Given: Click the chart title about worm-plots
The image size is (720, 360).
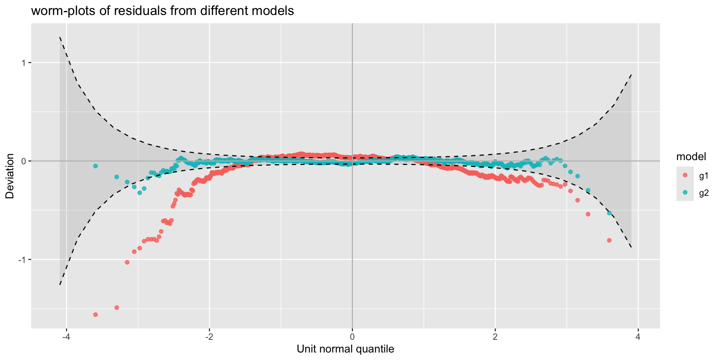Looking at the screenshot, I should [162, 11].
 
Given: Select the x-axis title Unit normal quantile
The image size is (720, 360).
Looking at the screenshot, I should [345, 349].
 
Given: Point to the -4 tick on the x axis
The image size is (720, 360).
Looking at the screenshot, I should [66, 337].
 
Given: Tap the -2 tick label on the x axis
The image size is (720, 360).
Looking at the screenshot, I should [209, 337].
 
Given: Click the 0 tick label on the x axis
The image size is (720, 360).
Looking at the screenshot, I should [352, 337].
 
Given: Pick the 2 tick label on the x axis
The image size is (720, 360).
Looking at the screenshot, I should [495, 337].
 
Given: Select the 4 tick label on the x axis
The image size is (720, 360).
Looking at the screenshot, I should [638, 337].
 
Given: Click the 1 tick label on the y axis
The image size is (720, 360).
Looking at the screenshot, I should [23, 63].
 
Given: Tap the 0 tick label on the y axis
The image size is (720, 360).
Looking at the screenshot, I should [23, 161].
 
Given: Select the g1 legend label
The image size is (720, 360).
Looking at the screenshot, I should [704, 175].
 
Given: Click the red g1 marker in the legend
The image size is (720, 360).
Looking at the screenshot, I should [685, 175].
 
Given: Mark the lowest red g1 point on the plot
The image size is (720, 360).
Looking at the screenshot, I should [95, 314].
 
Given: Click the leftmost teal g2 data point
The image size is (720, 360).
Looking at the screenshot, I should [95, 166].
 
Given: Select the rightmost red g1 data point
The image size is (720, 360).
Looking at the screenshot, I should [609, 240].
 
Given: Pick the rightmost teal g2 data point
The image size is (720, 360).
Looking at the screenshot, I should [609, 213].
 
